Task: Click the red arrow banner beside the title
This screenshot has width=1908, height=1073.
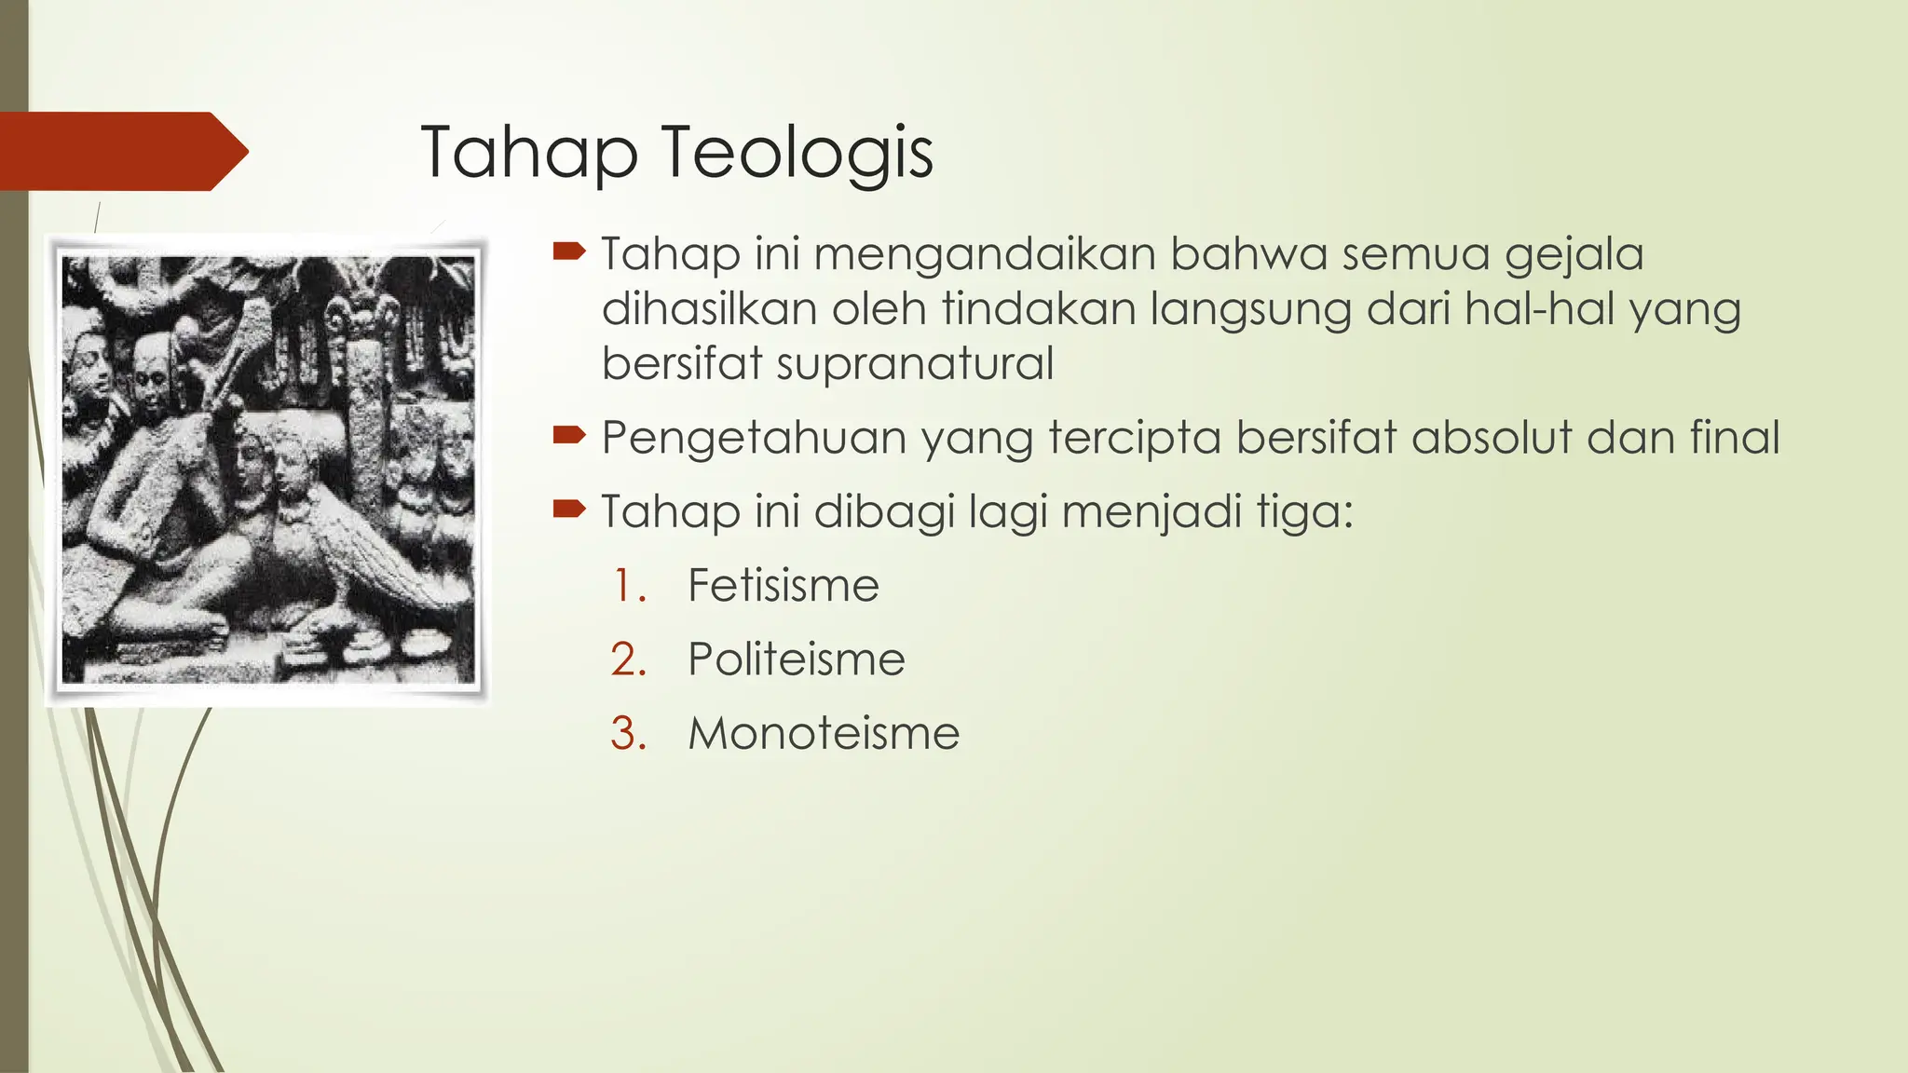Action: [x=121, y=151]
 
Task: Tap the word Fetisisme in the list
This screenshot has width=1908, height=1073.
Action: [x=783, y=586]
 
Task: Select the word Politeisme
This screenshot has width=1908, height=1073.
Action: [x=796, y=659]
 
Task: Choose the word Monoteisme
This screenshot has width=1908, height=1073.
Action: [x=824, y=733]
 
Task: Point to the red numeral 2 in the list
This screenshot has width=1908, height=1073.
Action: [x=628, y=659]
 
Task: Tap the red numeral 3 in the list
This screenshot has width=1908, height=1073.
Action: [x=628, y=733]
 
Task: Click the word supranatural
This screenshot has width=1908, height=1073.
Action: [x=915, y=364]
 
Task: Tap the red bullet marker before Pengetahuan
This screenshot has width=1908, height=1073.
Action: [x=568, y=434]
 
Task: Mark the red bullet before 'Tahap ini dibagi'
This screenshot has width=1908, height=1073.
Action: [x=568, y=508]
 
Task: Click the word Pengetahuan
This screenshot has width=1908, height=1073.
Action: [x=754, y=439]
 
